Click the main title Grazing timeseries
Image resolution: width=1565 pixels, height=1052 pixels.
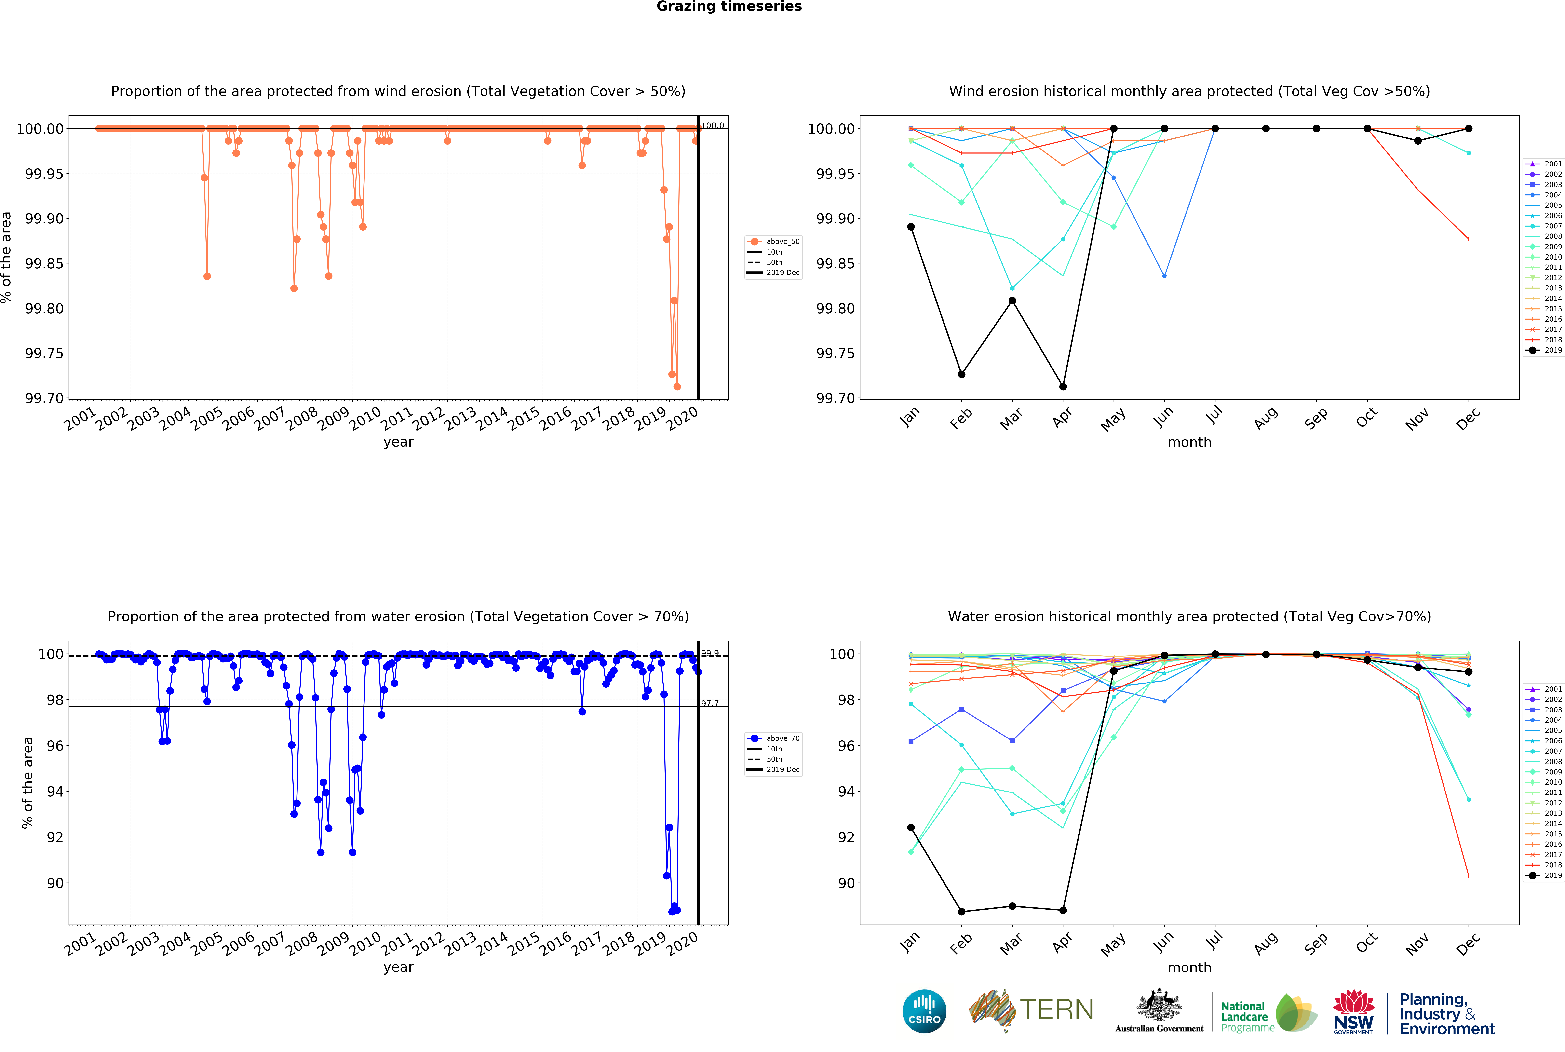click(729, 7)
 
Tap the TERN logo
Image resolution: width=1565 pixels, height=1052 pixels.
click(1031, 1010)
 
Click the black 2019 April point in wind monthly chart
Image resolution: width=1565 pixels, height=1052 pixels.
click(1063, 386)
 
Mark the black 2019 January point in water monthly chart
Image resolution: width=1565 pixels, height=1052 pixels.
click(910, 827)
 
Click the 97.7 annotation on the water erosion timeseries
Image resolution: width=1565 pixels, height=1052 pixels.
click(710, 703)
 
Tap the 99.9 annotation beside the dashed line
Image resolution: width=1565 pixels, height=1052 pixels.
click(710, 653)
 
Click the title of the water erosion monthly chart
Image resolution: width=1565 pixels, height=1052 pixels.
click(1189, 617)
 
